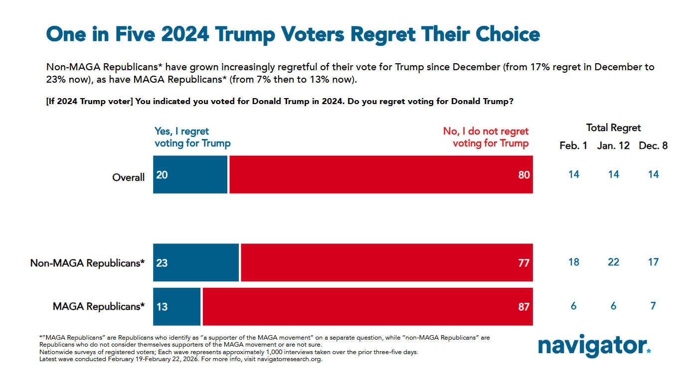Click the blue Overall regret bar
pos(190,174)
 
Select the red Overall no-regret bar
pos(381,174)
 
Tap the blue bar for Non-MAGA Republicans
pos(196,262)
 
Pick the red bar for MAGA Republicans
pos(367,306)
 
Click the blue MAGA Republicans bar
pos(176,306)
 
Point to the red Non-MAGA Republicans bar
pos(387,262)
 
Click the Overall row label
pos(128,177)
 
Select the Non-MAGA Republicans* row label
pos(88,263)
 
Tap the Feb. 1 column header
pos(573,146)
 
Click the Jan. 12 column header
pos(613,146)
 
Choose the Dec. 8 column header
pos(653,146)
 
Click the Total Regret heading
pos(613,128)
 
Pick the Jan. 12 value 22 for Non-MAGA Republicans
pos(613,262)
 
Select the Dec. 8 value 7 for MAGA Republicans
pos(653,306)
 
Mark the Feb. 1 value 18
pos(573,262)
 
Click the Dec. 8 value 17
pos(653,262)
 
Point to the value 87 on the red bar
pos(523,307)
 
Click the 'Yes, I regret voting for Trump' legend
pos(192,137)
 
